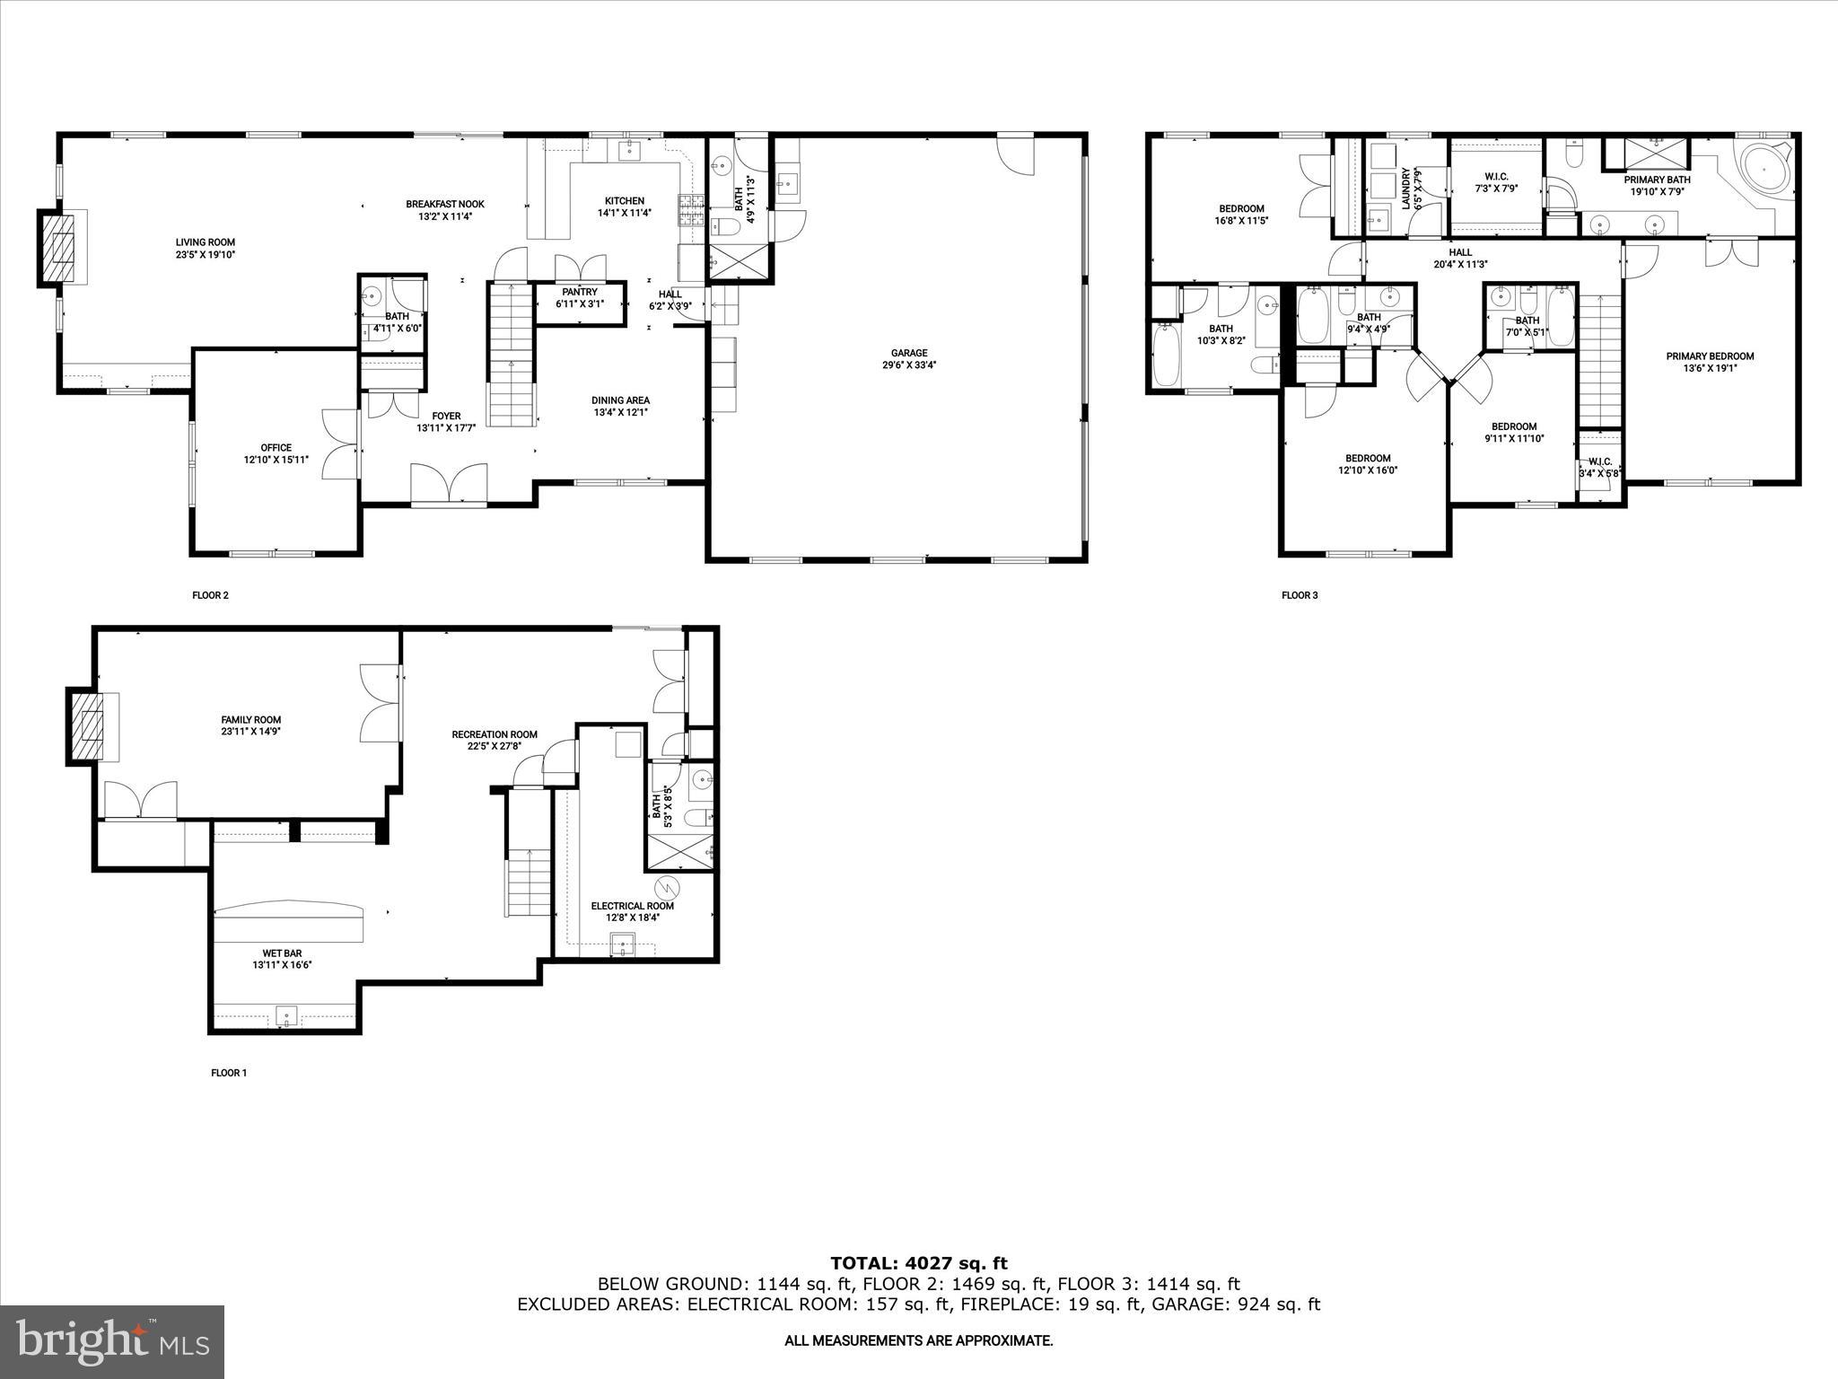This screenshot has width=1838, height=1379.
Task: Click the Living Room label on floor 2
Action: point(205,242)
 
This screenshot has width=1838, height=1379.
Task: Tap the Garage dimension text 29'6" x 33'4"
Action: point(908,365)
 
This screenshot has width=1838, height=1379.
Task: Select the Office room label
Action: point(276,448)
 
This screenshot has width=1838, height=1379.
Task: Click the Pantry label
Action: point(579,292)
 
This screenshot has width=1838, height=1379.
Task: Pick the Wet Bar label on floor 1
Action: point(282,953)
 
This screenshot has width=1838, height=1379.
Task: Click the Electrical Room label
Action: point(632,906)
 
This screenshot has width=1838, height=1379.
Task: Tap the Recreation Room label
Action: point(494,734)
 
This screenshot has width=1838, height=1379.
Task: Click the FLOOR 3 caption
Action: point(1299,595)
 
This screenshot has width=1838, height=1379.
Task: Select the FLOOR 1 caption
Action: point(228,1073)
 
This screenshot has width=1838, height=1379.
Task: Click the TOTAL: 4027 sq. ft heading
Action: point(918,1264)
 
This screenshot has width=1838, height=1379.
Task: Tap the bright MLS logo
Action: point(111,1341)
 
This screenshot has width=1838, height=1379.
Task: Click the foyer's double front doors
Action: point(450,485)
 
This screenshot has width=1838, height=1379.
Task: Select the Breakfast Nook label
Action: point(444,204)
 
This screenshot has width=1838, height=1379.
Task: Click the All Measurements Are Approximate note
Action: point(918,1341)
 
